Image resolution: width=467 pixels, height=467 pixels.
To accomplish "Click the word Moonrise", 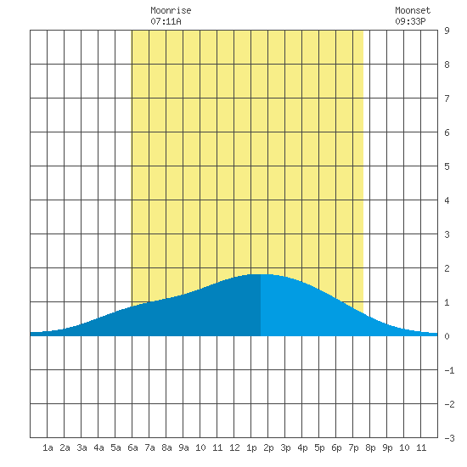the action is [x=171, y=10].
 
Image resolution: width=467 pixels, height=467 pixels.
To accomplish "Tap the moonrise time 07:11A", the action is [x=166, y=21].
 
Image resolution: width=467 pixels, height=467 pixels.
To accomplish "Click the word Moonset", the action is [x=413, y=10].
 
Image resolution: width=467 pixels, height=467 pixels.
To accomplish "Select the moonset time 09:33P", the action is [x=410, y=21].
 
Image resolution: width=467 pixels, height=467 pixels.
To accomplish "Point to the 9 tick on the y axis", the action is [x=447, y=31].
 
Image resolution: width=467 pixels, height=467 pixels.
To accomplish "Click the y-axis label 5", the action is [x=447, y=166].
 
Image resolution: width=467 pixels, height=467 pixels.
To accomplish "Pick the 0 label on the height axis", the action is [x=447, y=336].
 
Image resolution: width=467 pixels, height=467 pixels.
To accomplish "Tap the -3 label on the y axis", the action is [x=450, y=438].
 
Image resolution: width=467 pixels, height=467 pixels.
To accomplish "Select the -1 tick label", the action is [x=450, y=370].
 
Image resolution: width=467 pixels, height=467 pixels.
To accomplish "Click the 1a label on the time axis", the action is [x=48, y=447].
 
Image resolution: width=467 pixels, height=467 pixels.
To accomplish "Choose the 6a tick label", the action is [x=132, y=447].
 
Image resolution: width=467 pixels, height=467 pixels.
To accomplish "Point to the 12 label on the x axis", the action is [x=234, y=447].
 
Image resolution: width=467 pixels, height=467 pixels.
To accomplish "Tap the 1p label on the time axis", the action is [x=251, y=447].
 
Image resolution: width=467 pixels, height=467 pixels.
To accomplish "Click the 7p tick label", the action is [x=353, y=447].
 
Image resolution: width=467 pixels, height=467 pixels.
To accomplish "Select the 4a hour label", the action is [x=98, y=447].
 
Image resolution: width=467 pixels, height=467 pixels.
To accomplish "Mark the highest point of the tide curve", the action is [x=261, y=274].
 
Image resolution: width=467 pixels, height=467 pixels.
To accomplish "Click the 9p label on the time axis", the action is [x=387, y=447].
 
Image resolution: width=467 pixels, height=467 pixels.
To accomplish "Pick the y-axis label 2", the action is [x=447, y=268].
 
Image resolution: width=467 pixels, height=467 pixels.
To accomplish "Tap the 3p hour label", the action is [x=285, y=447].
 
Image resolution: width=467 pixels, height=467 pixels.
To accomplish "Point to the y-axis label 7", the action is [x=447, y=98].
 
